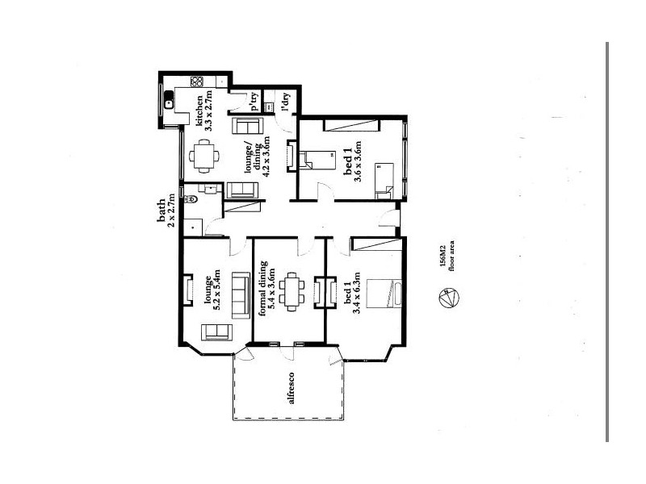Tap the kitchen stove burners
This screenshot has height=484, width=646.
197,81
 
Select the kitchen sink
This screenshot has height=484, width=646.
169,102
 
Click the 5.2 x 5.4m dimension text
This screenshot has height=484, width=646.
217,292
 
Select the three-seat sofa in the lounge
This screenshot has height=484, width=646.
240,295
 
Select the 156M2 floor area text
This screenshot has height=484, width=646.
443,255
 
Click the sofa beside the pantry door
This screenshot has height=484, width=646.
245,128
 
